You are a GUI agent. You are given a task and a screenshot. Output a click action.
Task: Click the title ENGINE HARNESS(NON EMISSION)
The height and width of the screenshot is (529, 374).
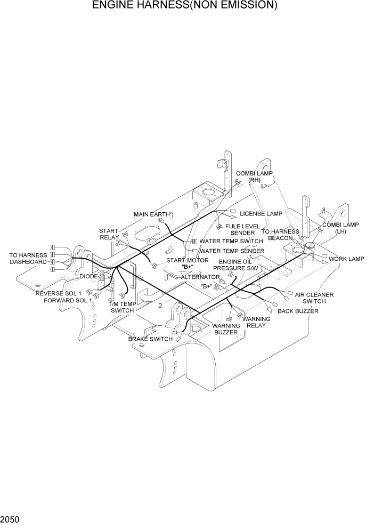pyautogui.click(x=184, y=6)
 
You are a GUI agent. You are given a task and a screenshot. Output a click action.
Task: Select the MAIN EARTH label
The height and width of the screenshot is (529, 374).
pyautogui.click(x=152, y=214)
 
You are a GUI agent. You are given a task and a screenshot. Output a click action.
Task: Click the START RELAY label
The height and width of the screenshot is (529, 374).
pyautogui.click(x=109, y=234)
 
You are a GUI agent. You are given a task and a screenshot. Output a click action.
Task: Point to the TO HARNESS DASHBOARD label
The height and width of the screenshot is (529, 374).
pyautogui.click(x=28, y=259)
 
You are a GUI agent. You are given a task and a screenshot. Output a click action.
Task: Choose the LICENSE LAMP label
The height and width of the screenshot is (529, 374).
pyautogui.click(x=261, y=213)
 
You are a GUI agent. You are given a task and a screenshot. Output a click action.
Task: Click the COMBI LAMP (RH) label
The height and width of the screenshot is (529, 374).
pyautogui.click(x=254, y=177)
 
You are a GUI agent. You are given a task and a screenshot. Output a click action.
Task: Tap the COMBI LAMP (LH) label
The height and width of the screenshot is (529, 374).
pyautogui.click(x=340, y=228)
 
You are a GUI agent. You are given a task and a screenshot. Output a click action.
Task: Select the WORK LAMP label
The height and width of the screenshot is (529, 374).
pyautogui.click(x=346, y=259)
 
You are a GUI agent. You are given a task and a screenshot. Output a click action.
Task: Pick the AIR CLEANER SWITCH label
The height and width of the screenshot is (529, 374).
pyautogui.click(x=314, y=298)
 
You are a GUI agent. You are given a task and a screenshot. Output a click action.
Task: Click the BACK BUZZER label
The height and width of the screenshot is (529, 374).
pyautogui.click(x=298, y=311)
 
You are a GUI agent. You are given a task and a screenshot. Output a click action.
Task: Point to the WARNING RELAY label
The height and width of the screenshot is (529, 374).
pyautogui.click(x=256, y=322)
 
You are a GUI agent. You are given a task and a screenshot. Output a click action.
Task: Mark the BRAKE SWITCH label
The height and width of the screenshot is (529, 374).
pyautogui.click(x=150, y=339)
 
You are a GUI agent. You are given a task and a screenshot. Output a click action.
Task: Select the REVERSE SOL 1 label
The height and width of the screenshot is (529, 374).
pyautogui.click(x=59, y=293)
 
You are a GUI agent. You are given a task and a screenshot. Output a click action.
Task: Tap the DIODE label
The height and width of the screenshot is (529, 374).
pyautogui.click(x=88, y=276)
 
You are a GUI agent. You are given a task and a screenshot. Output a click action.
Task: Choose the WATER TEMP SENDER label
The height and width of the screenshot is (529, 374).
pyautogui.click(x=232, y=251)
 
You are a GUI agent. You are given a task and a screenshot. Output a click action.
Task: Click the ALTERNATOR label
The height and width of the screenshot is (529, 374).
pyautogui.click(x=200, y=277)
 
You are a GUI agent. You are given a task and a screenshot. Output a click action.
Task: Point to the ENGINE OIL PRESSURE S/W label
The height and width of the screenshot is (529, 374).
pyautogui.click(x=232, y=265)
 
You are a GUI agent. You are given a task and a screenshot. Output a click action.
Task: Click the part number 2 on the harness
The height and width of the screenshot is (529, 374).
pyautogui.click(x=160, y=306)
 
